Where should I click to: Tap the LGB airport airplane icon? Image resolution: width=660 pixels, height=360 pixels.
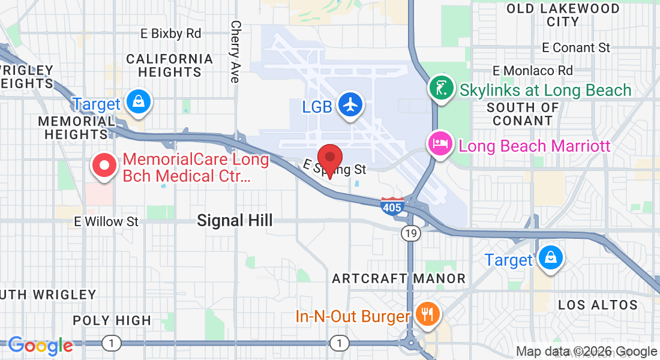pos(351,104)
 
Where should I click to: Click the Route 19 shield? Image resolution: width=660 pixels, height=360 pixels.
pos(410,235)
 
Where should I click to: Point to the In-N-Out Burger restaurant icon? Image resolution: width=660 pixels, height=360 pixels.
pos(428,314)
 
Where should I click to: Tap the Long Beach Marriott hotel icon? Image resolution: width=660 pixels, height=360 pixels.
pos(440,145)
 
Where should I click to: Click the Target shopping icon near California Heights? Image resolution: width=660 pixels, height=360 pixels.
pos(139,102)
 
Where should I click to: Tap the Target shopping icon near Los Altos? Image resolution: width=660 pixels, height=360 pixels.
pos(549,257)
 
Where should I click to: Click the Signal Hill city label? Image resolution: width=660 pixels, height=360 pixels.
pos(235,221)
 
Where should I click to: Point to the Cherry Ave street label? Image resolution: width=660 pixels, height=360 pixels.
pos(235,52)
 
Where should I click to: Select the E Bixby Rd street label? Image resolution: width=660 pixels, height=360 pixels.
pos(171,34)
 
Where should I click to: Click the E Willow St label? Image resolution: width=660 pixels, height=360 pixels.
pos(106,221)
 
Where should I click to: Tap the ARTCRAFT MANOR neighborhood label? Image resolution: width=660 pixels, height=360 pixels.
pos(398,278)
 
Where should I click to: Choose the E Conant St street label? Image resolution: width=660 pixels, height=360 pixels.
pos(575,47)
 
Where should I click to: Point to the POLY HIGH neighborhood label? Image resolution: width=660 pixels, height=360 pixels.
pos(112,320)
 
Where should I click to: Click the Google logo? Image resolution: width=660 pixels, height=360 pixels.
pos(41,346)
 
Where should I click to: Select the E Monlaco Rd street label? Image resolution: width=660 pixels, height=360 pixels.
pos(532,71)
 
